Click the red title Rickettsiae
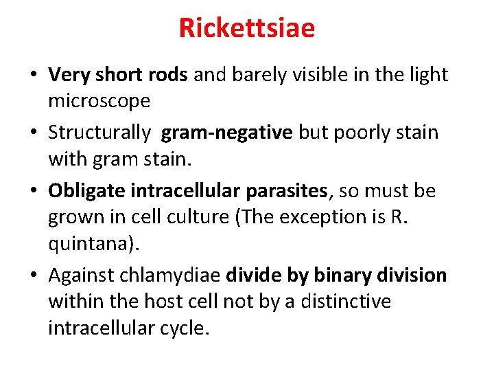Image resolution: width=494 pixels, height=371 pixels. [247, 28]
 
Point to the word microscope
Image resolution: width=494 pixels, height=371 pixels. [99, 101]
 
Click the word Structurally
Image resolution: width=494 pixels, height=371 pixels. [99, 132]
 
